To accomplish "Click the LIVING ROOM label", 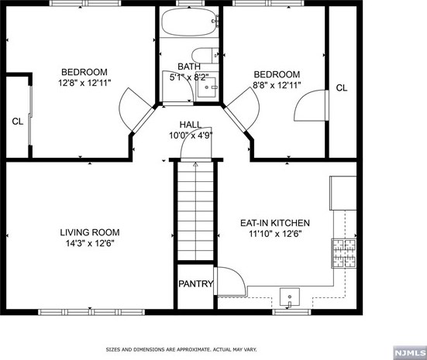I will click(x=90, y=231).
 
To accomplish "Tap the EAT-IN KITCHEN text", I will click(x=274, y=223).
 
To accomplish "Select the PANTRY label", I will click(x=196, y=284).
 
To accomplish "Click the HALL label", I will click(x=191, y=124).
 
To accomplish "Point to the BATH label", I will click(x=188, y=67).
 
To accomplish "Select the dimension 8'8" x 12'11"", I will click(x=277, y=85).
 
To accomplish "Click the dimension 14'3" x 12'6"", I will click(x=90, y=243).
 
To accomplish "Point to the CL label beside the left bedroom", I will click(x=17, y=121).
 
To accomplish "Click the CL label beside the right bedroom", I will click(x=342, y=88).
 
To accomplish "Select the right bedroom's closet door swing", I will click(x=308, y=105).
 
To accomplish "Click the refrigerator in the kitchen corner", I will click(x=343, y=191).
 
